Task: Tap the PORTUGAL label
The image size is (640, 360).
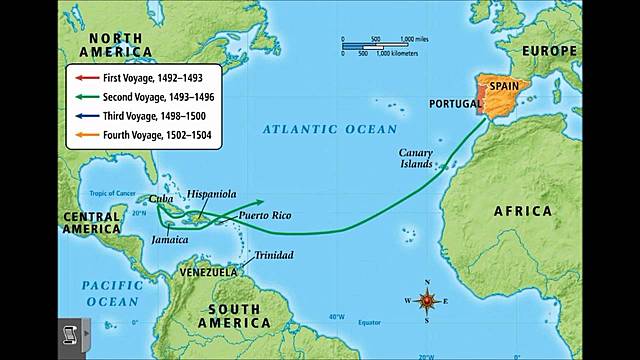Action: coord(455,103)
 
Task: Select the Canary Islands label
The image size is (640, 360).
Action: coord(417,158)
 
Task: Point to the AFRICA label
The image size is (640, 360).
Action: coord(521,211)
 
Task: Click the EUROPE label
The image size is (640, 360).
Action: coord(547,51)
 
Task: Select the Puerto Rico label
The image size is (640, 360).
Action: coord(264,216)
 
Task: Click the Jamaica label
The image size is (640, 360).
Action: coord(169,240)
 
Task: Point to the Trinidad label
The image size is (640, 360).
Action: coord(273,255)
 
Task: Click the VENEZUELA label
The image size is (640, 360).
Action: coord(208,272)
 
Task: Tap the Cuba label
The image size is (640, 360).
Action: coord(160,199)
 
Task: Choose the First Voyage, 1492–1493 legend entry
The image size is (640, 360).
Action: coord(145,77)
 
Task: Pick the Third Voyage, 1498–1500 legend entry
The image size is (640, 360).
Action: coord(145,115)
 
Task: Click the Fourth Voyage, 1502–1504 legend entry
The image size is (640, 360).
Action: coord(145,134)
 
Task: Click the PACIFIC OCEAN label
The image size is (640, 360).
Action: coord(112,293)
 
